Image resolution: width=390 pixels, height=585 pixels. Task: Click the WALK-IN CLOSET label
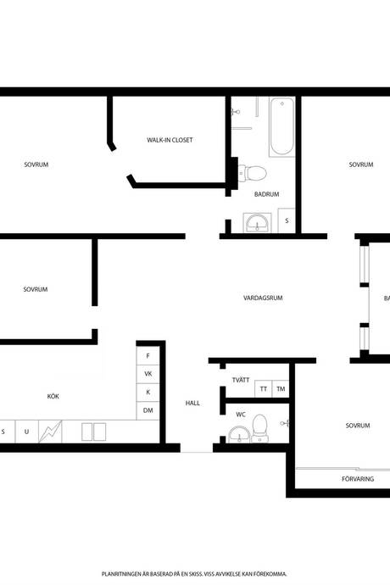pos(170,140)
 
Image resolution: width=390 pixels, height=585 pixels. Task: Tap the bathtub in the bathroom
pos(281,126)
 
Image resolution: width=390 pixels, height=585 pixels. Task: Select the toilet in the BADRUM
pos(253,173)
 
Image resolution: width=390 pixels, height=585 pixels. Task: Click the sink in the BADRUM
pos(257,223)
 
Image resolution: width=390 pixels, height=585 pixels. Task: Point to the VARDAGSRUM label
pos(263,298)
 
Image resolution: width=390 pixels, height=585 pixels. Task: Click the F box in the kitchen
pos(148,356)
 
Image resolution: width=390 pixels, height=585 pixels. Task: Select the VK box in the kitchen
pos(148,374)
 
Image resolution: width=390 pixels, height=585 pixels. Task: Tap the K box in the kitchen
pos(148,392)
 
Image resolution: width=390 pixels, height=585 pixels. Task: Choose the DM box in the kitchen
pos(148,410)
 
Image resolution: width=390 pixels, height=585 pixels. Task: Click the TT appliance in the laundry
pos(264,389)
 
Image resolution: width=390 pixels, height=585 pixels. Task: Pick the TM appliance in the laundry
pos(281,389)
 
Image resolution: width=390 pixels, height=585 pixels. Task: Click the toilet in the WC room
pos(259,428)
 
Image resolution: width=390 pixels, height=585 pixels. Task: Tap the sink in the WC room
pos(239,434)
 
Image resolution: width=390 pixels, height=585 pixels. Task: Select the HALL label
pos(192,403)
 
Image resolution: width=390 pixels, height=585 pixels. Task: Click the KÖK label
pos(53,396)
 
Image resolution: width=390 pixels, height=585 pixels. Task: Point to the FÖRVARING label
pos(358,479)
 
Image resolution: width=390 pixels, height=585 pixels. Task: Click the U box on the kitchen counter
pos(26,432)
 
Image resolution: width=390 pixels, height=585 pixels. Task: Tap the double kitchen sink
pos(93,432)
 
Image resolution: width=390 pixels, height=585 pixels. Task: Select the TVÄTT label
pos(241,380)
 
